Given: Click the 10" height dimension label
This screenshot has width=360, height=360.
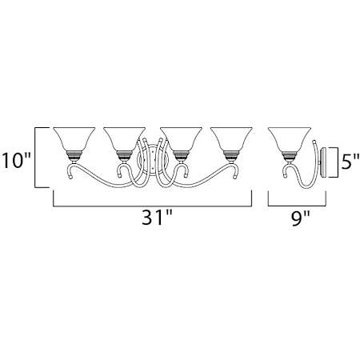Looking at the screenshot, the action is point(17,160).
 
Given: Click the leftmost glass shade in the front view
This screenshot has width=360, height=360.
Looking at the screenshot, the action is point(74,138).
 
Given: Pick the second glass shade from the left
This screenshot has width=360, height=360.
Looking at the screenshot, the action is point(124,138).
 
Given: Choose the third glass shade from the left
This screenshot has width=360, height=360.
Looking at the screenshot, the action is point(181,138).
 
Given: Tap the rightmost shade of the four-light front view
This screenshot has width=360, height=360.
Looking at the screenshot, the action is point(231,138).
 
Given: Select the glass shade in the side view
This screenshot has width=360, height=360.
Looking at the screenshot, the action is point(290,139).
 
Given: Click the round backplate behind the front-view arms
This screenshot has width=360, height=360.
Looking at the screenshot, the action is point(153,159).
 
